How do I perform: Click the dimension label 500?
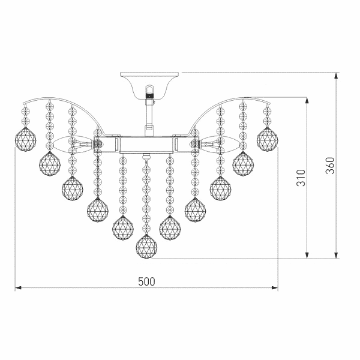point(146,281)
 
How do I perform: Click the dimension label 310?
point(301,178)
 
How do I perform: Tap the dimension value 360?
point(330,166)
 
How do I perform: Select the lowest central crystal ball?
point(146,247)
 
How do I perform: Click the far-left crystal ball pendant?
point(25,139)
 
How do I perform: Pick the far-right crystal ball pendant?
point(268,139)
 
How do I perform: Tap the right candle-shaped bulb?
point(220,145)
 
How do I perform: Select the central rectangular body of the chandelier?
point(146,145)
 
